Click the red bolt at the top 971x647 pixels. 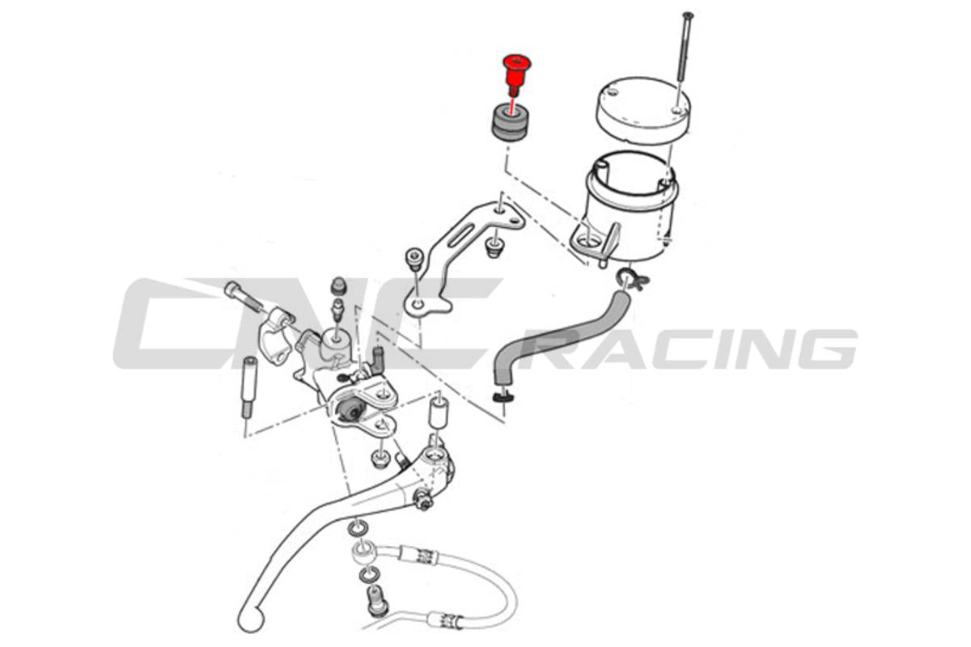(x=514, y=71)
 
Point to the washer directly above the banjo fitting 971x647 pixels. (x=357, y=530)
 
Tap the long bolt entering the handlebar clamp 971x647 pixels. (x=244, y=298)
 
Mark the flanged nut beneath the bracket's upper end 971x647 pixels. (x=492, y=247)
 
